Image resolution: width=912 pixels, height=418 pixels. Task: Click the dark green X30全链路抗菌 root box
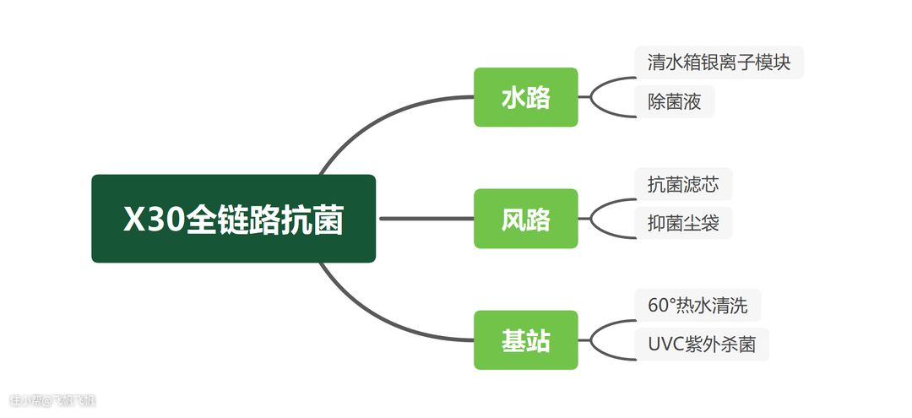click(x=233, y=219)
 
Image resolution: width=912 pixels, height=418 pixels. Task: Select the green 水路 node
click(x=525, y=97)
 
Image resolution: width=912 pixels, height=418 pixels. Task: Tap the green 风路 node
click(x=525, y=219)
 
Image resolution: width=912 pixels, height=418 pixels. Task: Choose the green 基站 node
click(x=525, y=340)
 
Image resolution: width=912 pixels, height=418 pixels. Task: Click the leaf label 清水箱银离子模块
click(x=719, y=62)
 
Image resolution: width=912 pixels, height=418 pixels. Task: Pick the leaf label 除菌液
click(x=675, y=102)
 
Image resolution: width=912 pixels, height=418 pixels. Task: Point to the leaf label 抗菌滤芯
click(x=683, y=184)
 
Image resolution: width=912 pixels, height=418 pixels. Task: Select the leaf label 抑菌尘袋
click(x=683, y=224)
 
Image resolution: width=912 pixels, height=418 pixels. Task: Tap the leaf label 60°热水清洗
click(x=697, y=305)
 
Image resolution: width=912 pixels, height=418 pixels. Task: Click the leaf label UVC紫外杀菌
click(x=701, y=345)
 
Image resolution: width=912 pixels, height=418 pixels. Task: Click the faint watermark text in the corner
click(x=52, y=400)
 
